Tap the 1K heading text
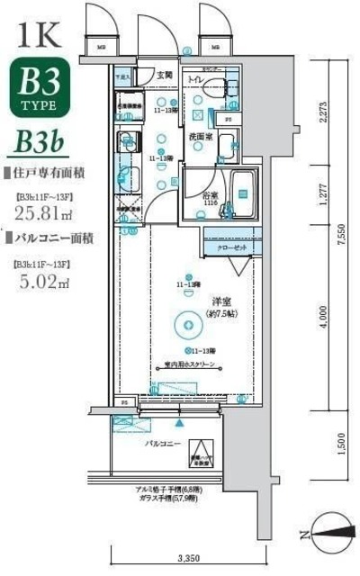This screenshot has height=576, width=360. [38, 35]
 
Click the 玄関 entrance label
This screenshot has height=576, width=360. [165, 75]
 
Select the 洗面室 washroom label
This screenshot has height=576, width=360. [200, 137]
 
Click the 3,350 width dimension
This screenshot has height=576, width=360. [186, 557]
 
